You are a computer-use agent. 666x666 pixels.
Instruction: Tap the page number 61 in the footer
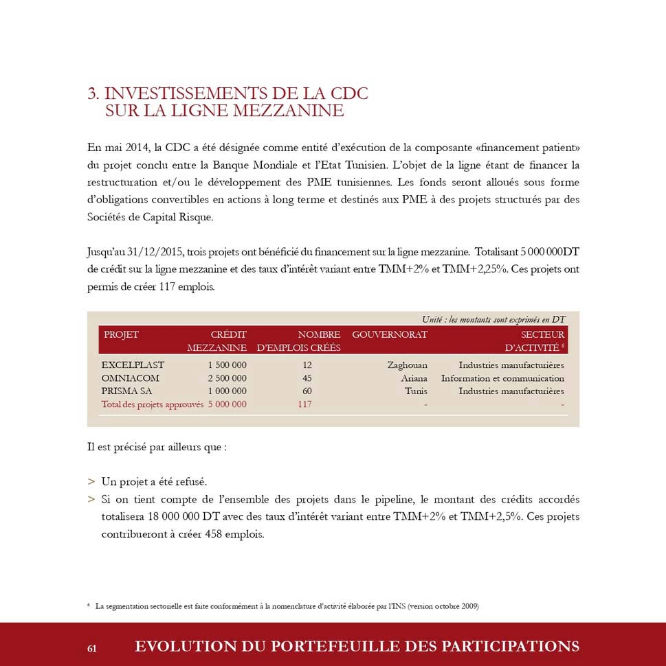click(x=92, y=648)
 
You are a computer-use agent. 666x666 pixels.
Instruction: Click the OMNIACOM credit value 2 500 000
click(x=227, y=378)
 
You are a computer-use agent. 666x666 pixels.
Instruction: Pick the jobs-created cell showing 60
click(x=307, y=391)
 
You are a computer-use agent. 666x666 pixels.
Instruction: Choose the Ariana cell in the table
click(x=414, y=378)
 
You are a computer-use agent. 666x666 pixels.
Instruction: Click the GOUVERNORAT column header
click(x=390, y=334)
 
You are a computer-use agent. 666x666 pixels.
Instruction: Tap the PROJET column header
click(x=121, y=334)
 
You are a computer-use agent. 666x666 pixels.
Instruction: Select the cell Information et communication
click(x=502, y=378)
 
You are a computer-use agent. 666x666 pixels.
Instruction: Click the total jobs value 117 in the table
click(x=304, y=404)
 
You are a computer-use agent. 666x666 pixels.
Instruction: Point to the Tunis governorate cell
click(x=416, y=391)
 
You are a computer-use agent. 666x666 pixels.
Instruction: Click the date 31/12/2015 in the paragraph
click(x=155, y=252)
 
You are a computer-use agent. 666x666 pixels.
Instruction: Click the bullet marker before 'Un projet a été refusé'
click(x=91, y=482)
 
